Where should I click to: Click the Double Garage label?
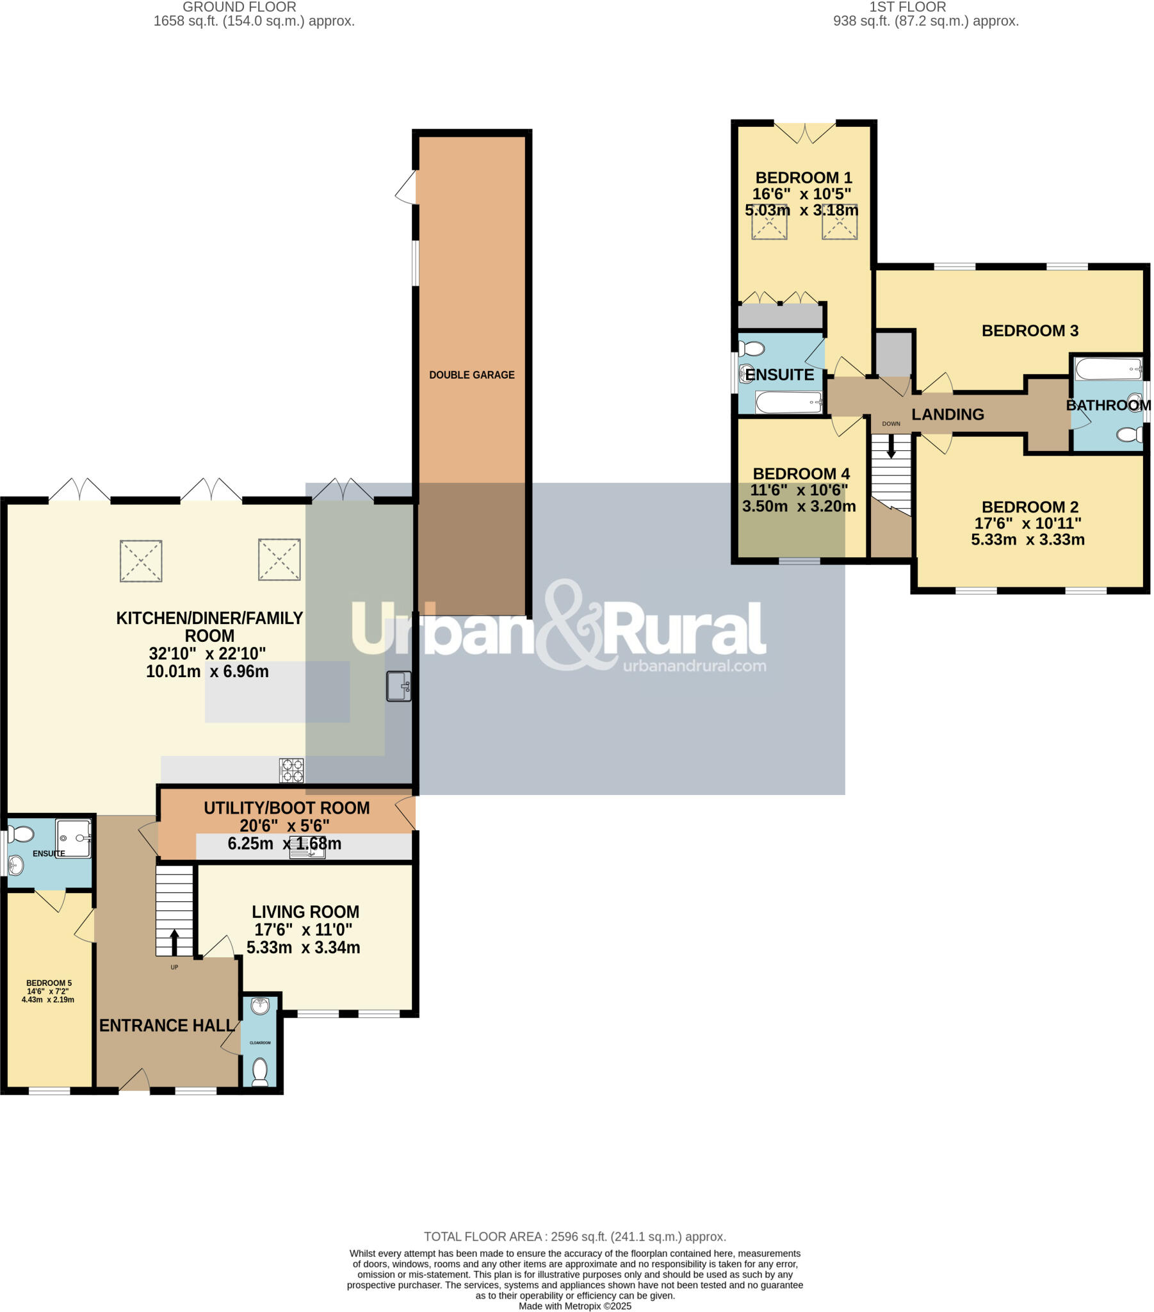472,375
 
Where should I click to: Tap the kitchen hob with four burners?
291,770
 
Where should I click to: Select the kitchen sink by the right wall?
398,685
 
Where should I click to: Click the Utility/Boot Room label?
286,808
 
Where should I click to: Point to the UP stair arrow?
175,942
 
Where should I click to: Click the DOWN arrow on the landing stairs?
891,445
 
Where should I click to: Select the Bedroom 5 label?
49,983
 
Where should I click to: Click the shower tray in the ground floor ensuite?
74,839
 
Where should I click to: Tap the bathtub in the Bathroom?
1109,369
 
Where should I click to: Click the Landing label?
947,414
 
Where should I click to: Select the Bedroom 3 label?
1030,331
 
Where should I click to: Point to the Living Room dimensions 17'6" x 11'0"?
303,930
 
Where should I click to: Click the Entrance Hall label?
167,1026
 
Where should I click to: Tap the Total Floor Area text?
574,1237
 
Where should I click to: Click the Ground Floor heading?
239,7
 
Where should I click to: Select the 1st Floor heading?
907,7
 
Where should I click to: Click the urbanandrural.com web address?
694,666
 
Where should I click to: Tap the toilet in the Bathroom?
1129,434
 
